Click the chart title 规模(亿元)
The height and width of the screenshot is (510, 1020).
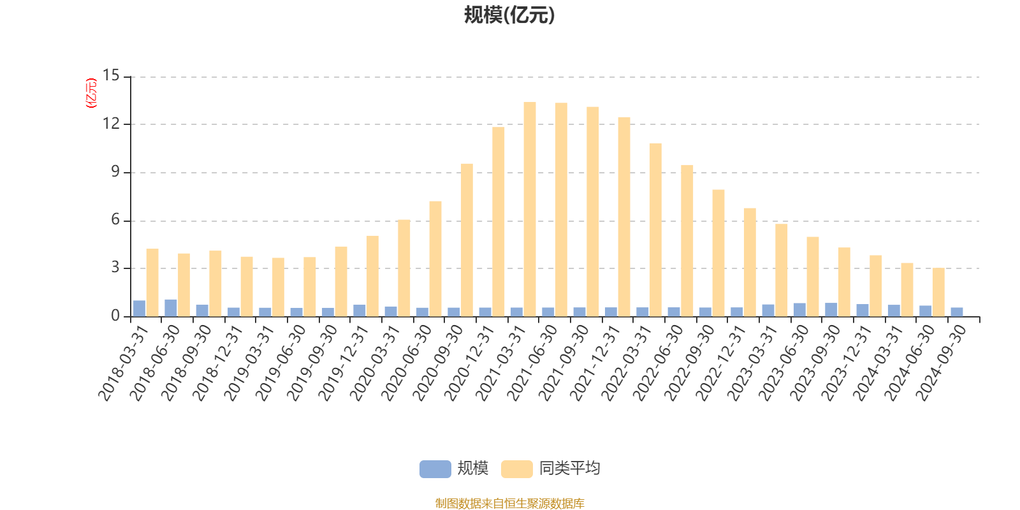pos(509,15)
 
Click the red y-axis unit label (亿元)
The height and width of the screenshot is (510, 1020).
pos(91,93)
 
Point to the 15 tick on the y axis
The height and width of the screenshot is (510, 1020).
pos(112,76)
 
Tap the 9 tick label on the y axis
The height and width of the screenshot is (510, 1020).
pos(115,172)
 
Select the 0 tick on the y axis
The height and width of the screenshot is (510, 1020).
pos(115,316)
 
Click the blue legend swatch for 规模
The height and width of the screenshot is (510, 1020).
pos(435,469)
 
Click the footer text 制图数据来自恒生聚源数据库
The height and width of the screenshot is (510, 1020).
pos(509,504)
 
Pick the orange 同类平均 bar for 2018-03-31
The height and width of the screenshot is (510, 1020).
pos(152,282)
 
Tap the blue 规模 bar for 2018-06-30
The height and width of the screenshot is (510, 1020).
pos(171,308)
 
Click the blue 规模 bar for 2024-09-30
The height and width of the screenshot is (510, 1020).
pos(957,312)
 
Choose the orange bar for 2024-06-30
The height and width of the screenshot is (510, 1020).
pos(938,292)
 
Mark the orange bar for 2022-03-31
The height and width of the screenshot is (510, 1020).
pos(655,229)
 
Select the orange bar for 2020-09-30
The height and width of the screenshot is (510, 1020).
pos(467,240)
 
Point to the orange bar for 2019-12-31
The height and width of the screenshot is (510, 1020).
pos(372,275)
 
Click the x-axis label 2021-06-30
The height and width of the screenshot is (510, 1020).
pos(533,362)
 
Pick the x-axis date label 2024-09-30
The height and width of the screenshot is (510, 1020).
pos(942,362)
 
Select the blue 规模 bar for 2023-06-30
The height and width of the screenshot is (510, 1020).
pos(799,310)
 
